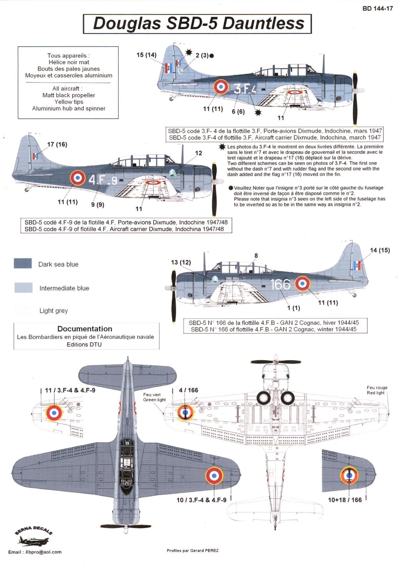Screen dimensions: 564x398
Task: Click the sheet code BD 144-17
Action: [x=377, y=9]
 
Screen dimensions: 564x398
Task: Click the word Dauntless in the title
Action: [x=263, y=24]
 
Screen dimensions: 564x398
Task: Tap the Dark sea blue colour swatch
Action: [x=23, y=263]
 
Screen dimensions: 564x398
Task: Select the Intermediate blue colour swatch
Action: [x=23, y=288]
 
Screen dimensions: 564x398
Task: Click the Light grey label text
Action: [x=53, y=311]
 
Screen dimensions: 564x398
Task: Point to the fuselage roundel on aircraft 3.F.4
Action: [x=221, y=86]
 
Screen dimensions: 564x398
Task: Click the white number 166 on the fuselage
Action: [x=280, y=284]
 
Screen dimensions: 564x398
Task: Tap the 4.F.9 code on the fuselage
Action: [x=103, y=180]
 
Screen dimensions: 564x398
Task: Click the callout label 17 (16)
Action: [x=57, y=144]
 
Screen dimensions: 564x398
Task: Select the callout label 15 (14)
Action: [x=146, y=55]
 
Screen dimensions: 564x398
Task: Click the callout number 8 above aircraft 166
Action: [x=256, y=255]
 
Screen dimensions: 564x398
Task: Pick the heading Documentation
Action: [x=85, y=329]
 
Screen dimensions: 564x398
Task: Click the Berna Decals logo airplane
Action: [x=33, y=541]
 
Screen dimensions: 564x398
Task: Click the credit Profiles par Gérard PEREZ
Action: [x=192, y=550]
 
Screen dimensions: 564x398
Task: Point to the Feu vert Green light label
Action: [x=154, y=397]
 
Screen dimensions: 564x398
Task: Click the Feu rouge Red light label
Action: [x=377, y=390]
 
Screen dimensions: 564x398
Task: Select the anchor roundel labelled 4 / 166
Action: [x=185, y=412]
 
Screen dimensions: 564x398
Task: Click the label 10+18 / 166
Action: [x=345, y=500]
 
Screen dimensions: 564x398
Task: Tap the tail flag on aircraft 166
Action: [x=357, y=265]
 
